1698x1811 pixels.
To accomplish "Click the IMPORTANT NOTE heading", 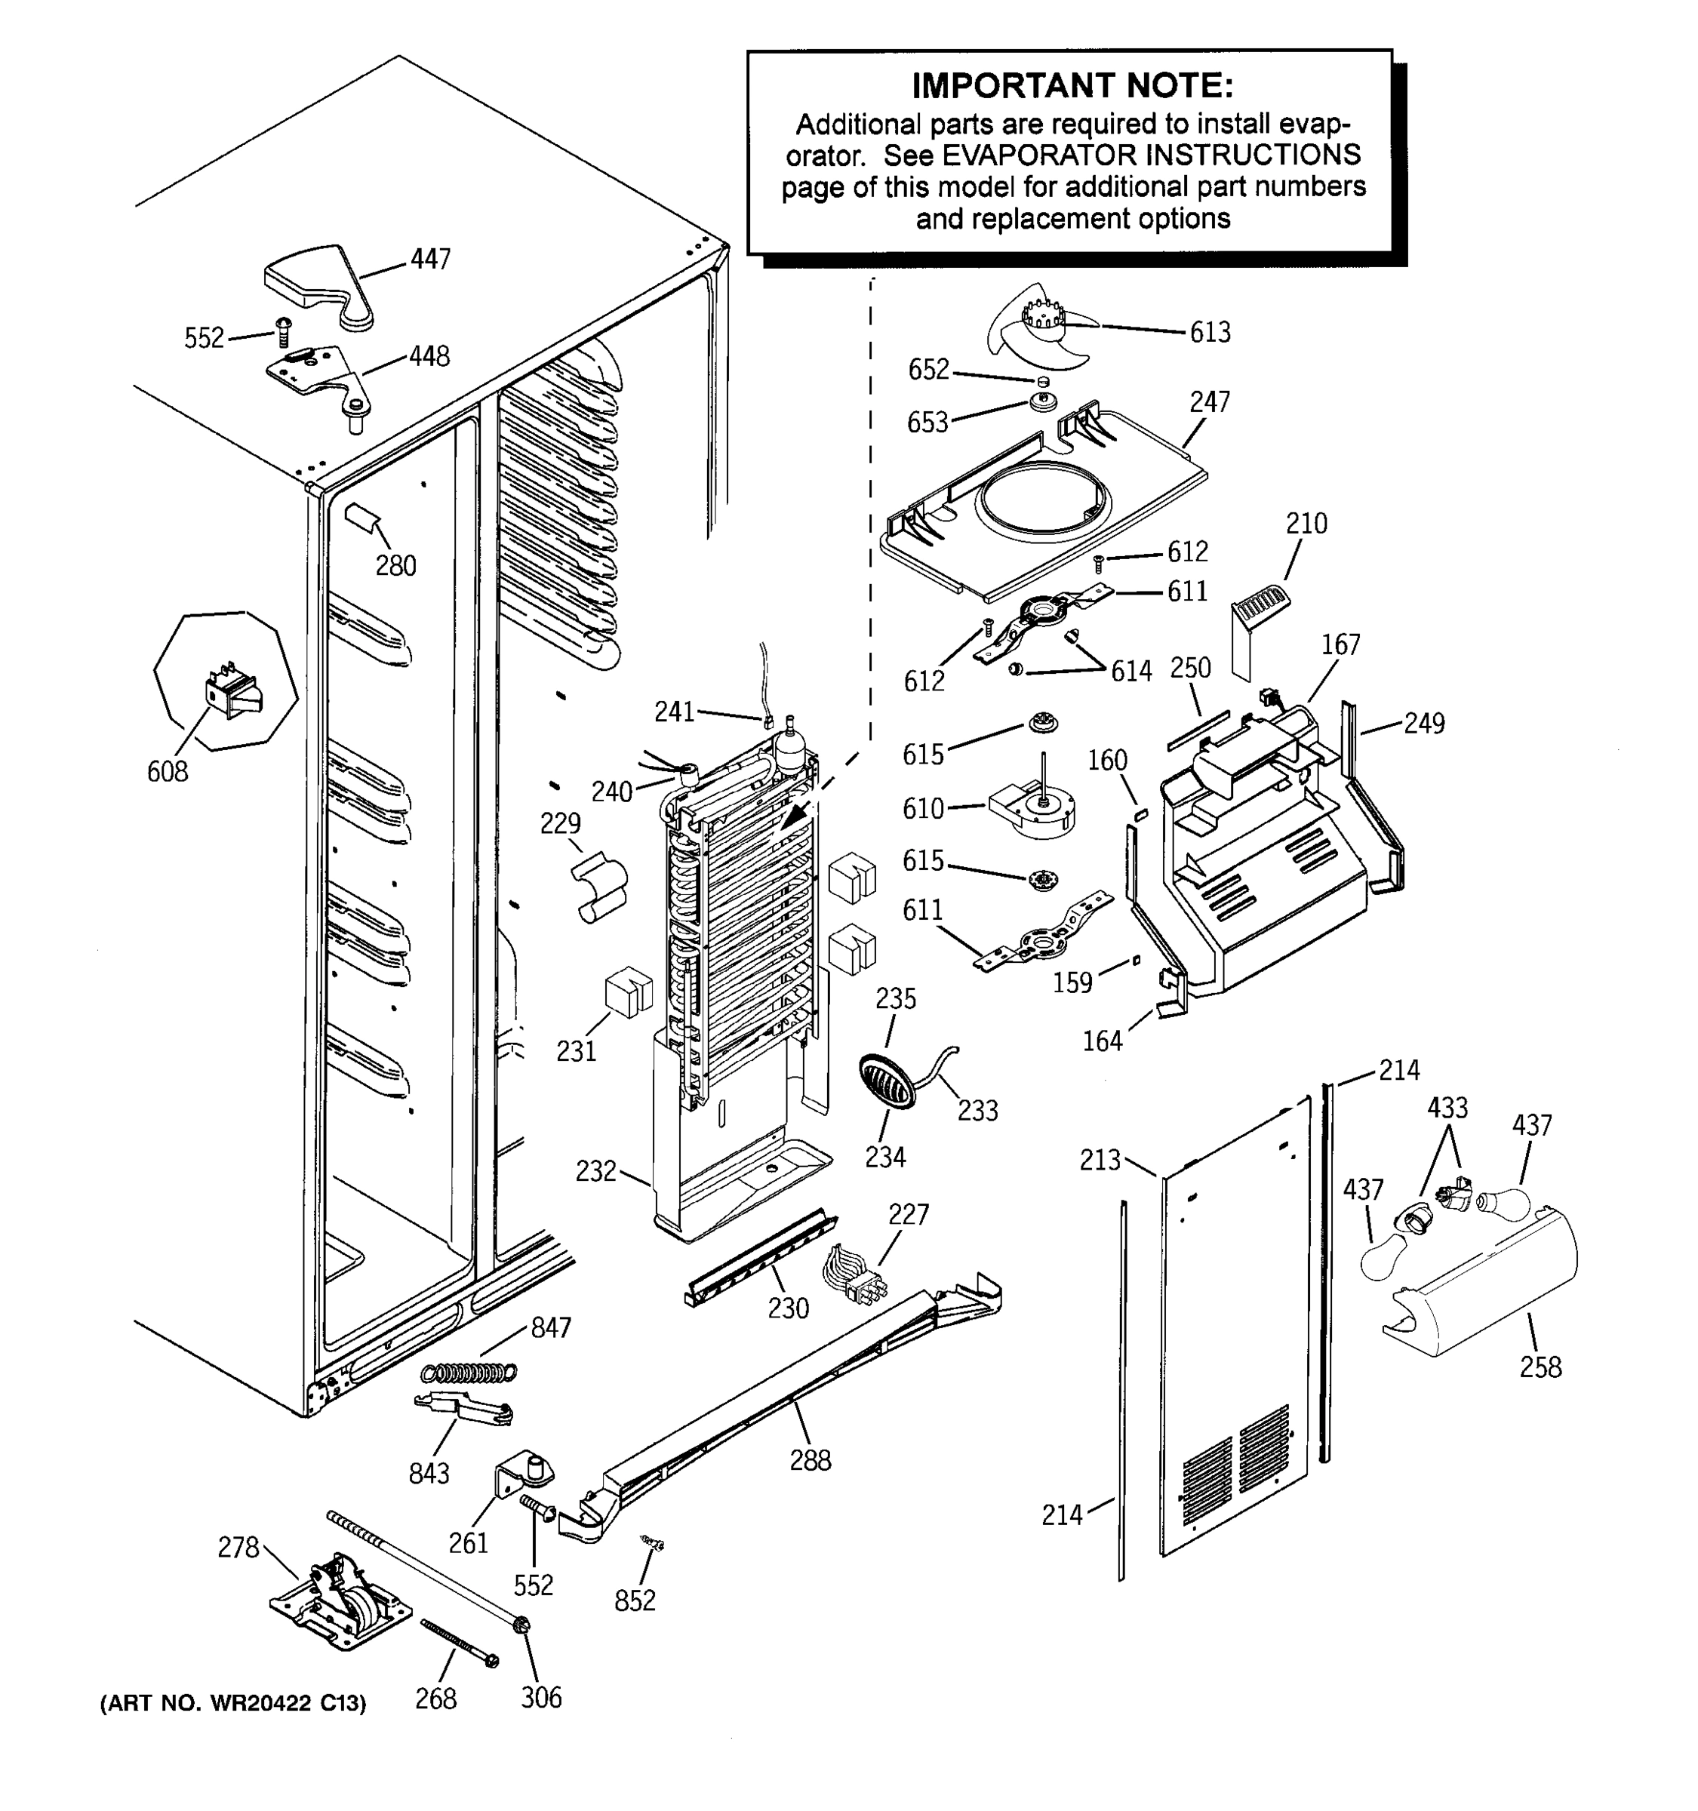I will pos(1072,87).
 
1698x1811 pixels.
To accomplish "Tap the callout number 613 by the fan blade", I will pos(1210,333).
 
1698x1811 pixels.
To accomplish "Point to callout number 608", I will pos(168,772).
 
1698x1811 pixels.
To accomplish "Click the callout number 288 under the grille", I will pos(810,1460).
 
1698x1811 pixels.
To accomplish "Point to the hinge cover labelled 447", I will pos(318,282).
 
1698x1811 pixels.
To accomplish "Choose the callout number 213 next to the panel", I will pos(1100,1160).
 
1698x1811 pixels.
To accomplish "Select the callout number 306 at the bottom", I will pos(541,1697).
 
